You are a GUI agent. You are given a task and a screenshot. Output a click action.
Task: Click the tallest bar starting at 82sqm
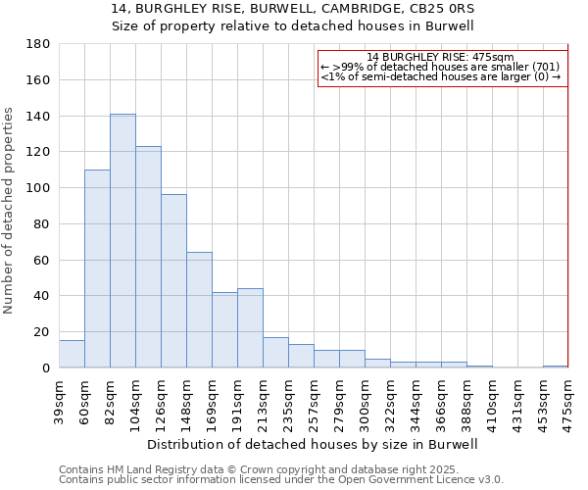pos(122,241)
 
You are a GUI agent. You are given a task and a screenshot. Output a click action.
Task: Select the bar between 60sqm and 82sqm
pos(97,269)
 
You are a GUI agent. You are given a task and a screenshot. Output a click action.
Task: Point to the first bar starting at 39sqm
pos(72,354)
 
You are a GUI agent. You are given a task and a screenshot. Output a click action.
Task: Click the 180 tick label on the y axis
pos(38,44)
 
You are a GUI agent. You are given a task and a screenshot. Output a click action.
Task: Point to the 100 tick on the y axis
pos(38,188)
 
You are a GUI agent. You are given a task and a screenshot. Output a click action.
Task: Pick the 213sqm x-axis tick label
pos(263,402)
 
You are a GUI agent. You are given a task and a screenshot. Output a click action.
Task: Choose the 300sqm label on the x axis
pos(365,402)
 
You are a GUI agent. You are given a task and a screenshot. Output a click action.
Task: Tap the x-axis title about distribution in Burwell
pos(313,444)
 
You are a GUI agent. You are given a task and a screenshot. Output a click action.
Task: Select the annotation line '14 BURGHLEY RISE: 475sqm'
pos(442,57)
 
